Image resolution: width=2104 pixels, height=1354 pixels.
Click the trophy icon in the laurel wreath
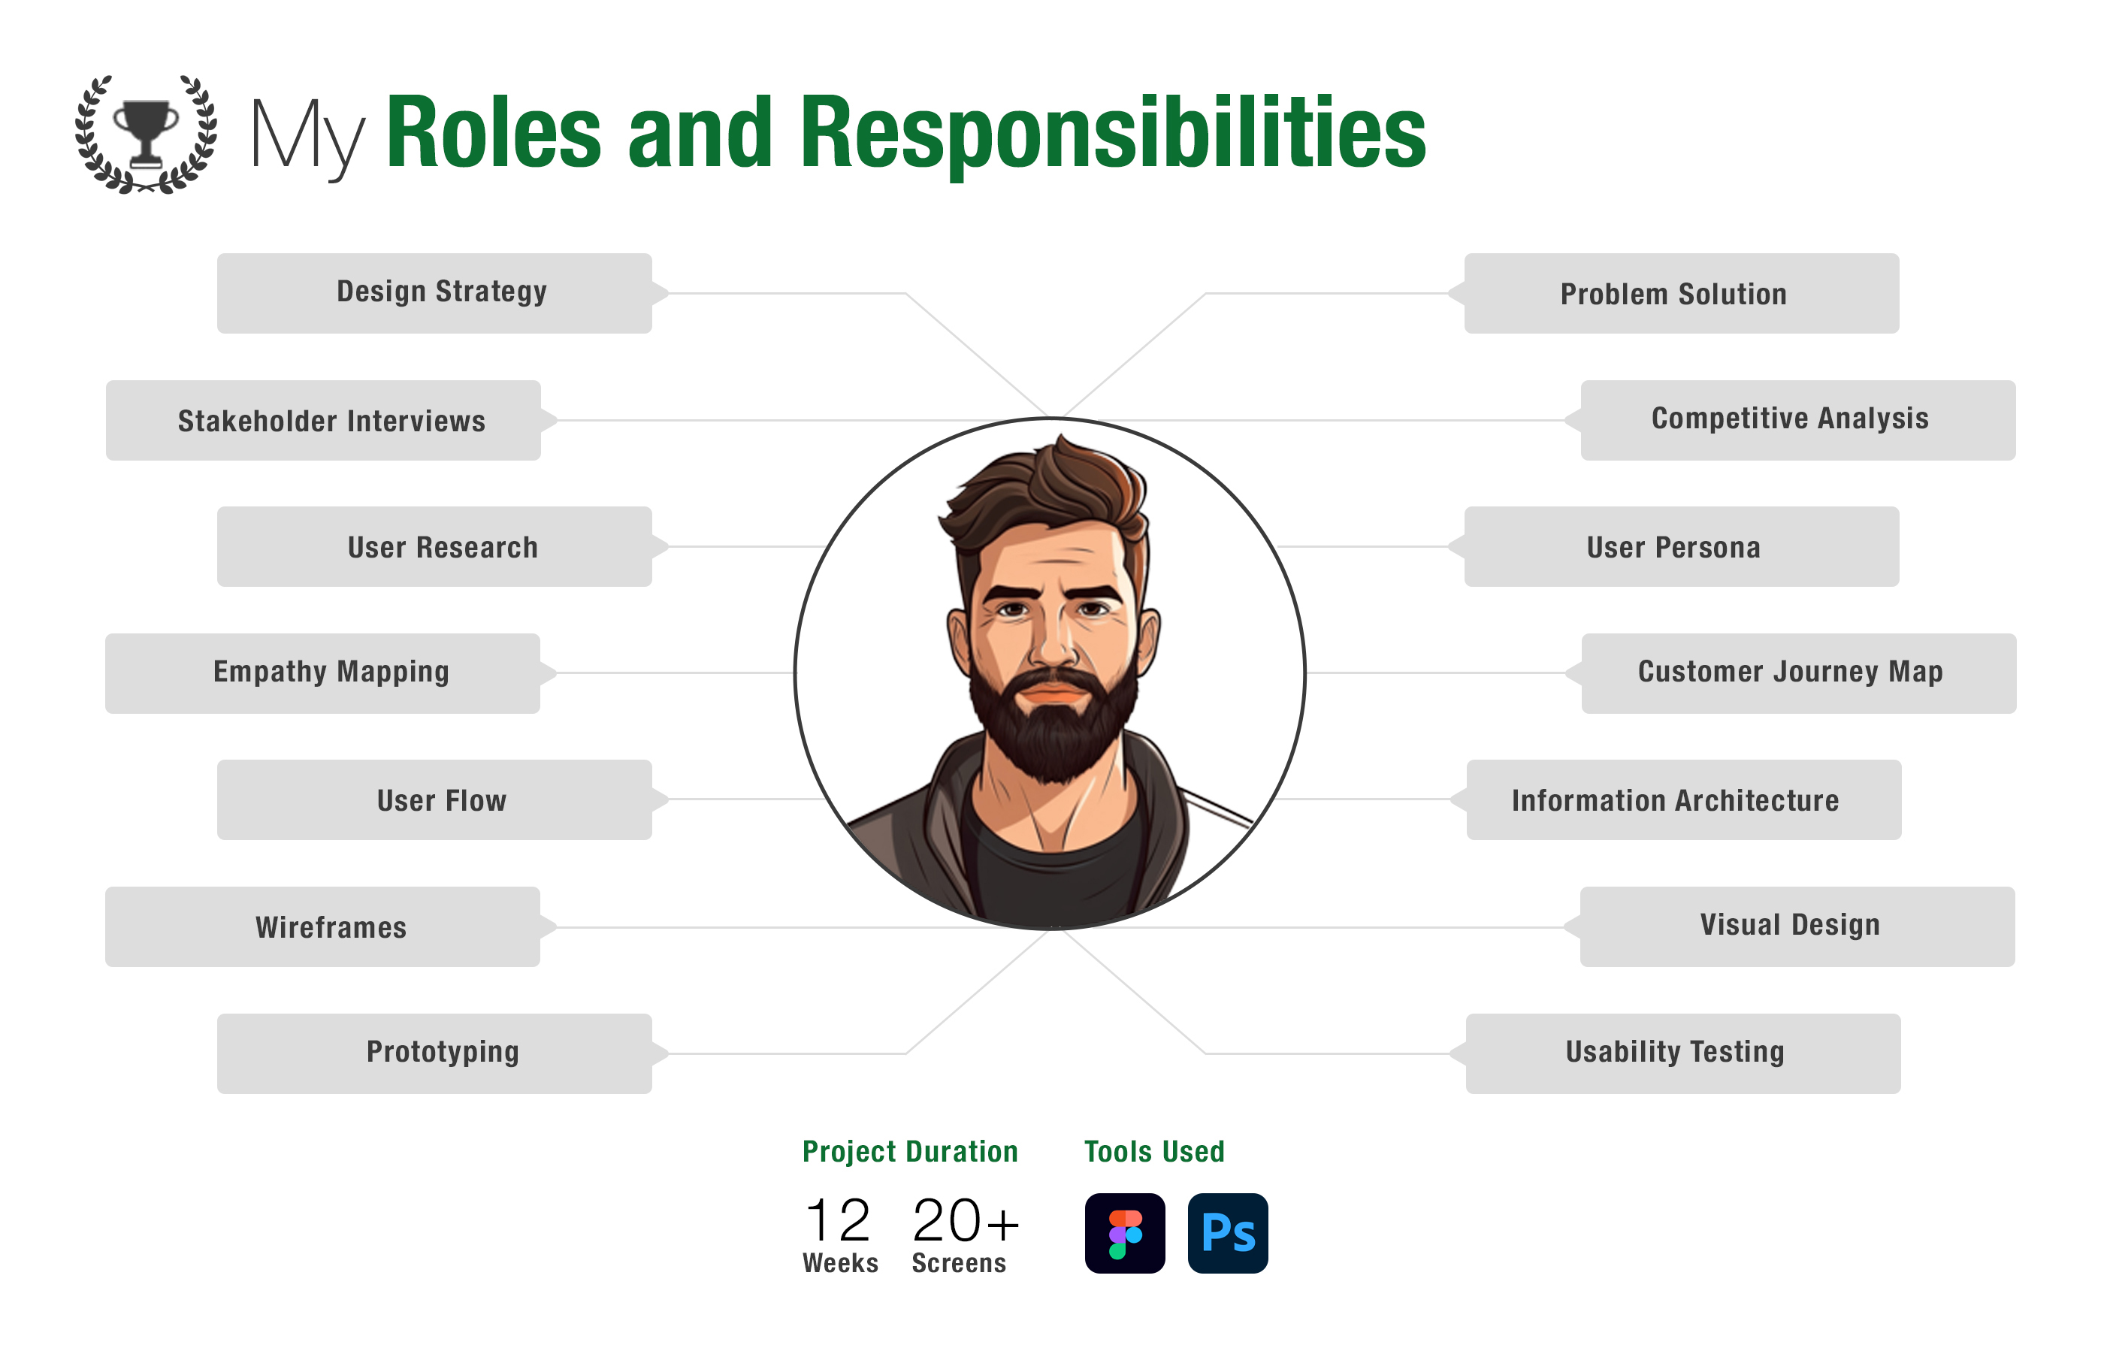pyautogui.click(x=146, y=133)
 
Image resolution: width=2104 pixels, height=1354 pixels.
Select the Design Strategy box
pyautogui.click(x=434, y=293)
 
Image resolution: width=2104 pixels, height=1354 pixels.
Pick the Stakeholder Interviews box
pyautogui.click(x=322, y=420)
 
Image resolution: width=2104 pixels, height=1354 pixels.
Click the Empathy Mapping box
pyautogui.click(x=322, y=672)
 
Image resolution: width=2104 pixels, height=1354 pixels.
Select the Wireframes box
pyautogui.click(x=322, y=926)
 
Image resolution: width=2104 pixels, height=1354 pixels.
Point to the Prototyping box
pyautogui.click(x=434, y=1053)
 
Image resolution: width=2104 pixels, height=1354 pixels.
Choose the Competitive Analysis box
pyautogui.click(x=1798, y=420)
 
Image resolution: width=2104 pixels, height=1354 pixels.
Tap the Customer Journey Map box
pyautogui.click(x=1799, y=672)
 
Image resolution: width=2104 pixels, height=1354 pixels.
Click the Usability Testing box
pyautogui.click(x=1683, y=1053)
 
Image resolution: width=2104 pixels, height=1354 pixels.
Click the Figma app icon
pyautogui.click(x=1125, y=1233)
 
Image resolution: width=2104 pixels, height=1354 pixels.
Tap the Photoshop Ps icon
pyautogui.click(x=1227, y=1233)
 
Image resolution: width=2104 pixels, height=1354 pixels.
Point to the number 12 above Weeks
pyautogui.click(x=837, y=1220)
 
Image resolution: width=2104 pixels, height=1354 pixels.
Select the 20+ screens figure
pyautogui.click(x=966, y=1220)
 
